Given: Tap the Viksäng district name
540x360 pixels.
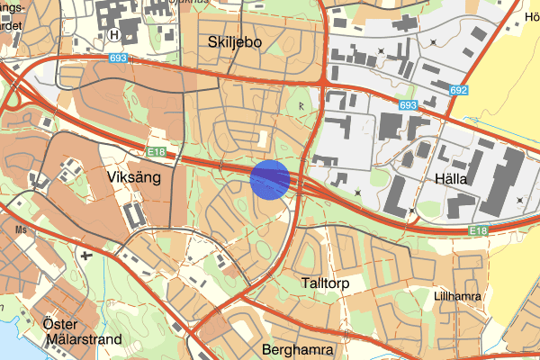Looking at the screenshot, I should click(133, 177).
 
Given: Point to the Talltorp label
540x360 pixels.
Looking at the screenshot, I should click(320, 283).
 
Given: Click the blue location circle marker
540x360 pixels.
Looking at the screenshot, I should click(271, 178).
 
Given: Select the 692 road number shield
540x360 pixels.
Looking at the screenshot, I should click(460, 91).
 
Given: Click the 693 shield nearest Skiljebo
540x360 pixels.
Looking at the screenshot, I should click(119, 58).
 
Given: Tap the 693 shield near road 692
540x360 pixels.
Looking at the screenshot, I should click(409, 105).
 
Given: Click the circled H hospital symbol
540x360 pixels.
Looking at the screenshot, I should click(113, 34).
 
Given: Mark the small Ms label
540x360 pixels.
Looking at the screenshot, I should click(20, 229).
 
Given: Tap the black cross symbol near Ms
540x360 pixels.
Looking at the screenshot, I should click(86, 256).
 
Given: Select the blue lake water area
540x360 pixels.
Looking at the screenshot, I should click(7, 337).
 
